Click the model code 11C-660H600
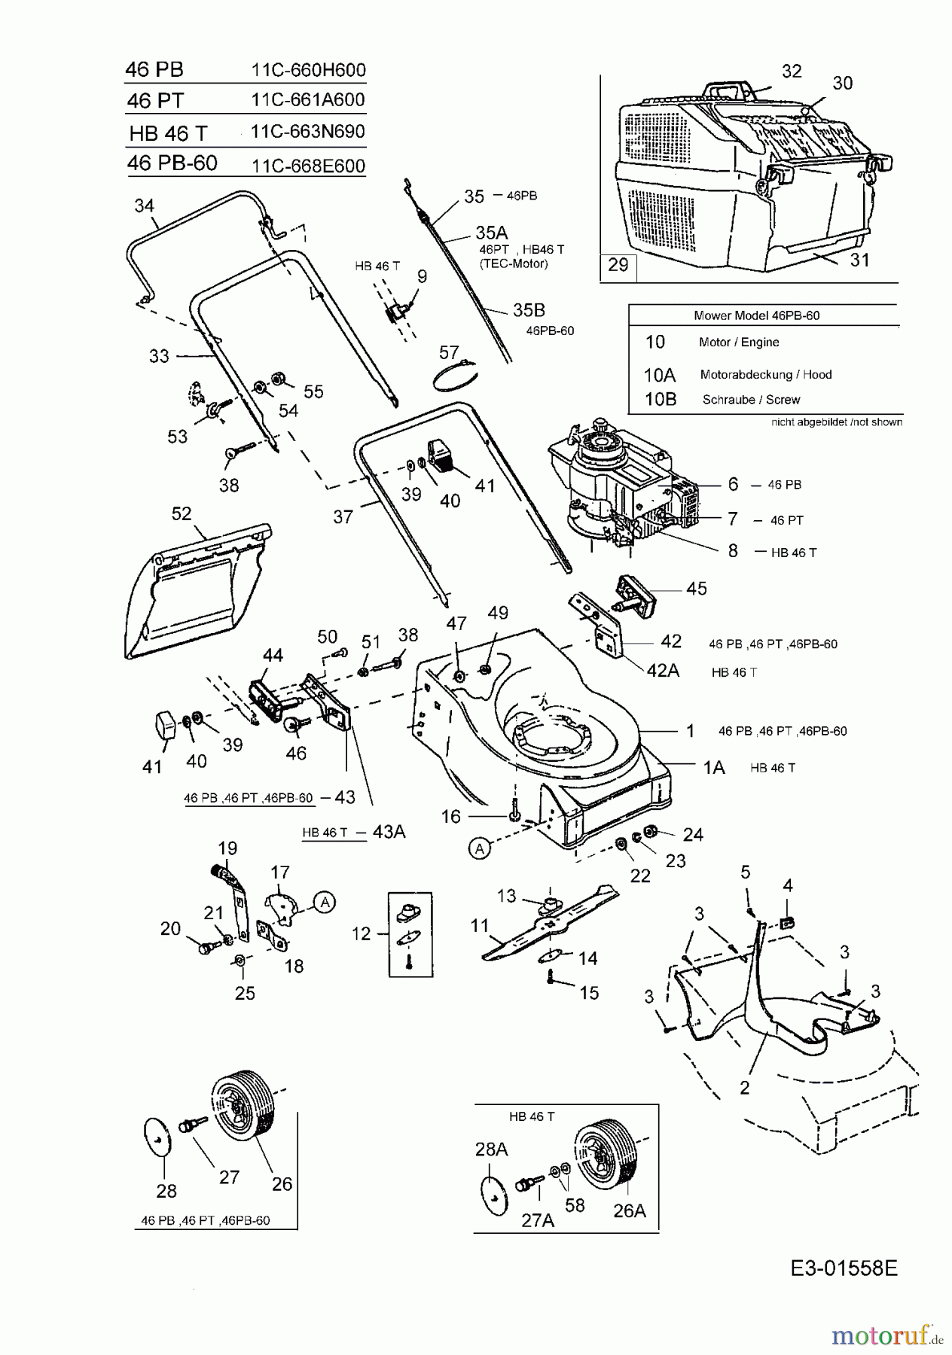pos(308,70)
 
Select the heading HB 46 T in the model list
pos(167,133)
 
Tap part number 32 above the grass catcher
pos(792,71)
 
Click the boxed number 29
pos(618,265)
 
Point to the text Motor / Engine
pos(738,342)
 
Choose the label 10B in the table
pos(660,399)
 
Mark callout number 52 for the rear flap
pos(182,513)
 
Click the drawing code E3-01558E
pos(844,1268)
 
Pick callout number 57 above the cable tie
pos(449,352)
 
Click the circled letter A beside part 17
pos(325,901)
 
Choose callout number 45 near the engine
pos(696,588)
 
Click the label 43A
pos(389,831)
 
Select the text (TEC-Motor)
pos(514,263)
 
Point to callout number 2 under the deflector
pos(744,1087)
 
